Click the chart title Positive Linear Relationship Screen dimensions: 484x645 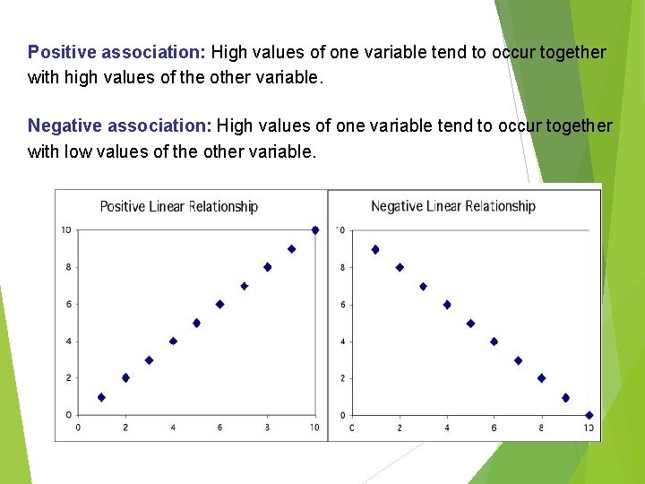click(178, 207)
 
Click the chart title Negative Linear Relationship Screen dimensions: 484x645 click(452, 207)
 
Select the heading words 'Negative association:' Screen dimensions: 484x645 click(120, 126)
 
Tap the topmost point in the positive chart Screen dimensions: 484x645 click(314, 230)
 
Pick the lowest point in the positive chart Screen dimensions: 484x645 click(101, 397)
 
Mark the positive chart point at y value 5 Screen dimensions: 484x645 click(196, 323)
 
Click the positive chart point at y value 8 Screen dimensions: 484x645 click(267, 267)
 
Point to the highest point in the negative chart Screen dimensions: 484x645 click(375, 249)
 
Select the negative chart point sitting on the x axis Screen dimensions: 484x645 click(589, 415)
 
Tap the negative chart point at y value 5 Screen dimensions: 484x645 click(470, 323)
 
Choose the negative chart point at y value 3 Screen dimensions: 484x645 click(518, 360)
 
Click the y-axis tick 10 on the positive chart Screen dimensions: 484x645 click(66, 230)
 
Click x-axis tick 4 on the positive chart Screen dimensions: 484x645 click(173, 428)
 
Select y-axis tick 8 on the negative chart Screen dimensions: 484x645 click(342, 267)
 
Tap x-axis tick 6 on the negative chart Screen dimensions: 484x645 click(494, 428)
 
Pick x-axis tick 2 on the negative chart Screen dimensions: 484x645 click(400, 428)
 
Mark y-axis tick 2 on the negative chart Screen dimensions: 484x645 click(342, 378)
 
